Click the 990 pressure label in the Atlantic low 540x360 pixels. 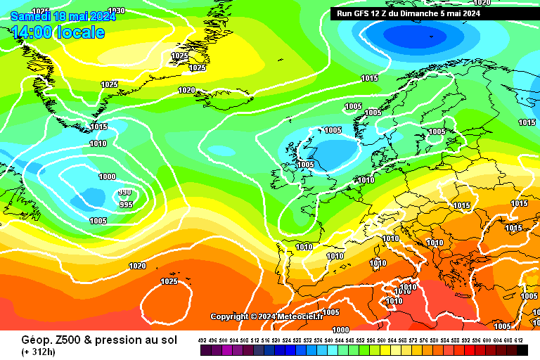[124, 193]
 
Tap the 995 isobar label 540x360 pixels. [126, 205]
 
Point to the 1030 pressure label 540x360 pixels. [117, 11]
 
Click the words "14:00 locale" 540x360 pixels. [58, 32]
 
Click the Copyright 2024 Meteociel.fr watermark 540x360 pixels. [266, 316]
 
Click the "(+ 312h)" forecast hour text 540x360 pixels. [38, 352]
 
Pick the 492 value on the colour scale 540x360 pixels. [203, 340]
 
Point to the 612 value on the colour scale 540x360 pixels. [518, 340]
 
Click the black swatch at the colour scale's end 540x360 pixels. [522, 350]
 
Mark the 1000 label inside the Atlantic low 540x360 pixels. [107, 177]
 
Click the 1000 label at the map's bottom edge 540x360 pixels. [340, 329]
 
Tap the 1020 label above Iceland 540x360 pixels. [186, 90]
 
